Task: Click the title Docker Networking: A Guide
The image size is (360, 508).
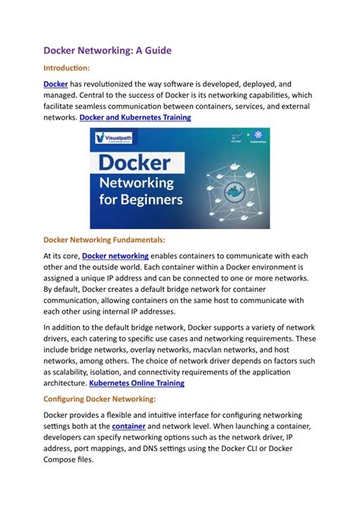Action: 107,50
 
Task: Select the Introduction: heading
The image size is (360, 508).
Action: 70,68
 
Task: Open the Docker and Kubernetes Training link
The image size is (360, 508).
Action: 134,118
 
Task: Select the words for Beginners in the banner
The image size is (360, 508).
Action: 142,201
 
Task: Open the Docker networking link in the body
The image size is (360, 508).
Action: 115,256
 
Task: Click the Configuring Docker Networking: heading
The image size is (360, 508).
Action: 99,399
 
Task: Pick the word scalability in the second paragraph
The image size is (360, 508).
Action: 74,372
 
